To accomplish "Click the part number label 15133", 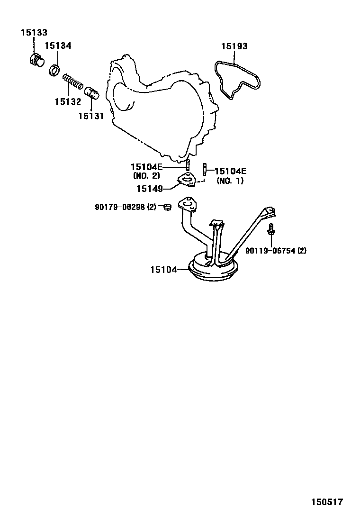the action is point(34,33).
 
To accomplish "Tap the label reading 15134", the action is point(58,45).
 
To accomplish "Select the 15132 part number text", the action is point(68,101).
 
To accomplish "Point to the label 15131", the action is point(91,116).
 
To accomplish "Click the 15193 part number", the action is point(234,46).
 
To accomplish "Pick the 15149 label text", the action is point(150,189).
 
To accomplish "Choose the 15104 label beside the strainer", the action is point(163,270).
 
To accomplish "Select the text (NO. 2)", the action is point(147,176).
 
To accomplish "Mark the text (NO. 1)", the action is point(230,181).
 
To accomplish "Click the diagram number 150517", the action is point(326,502).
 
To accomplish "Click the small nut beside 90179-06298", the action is point(166,207).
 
